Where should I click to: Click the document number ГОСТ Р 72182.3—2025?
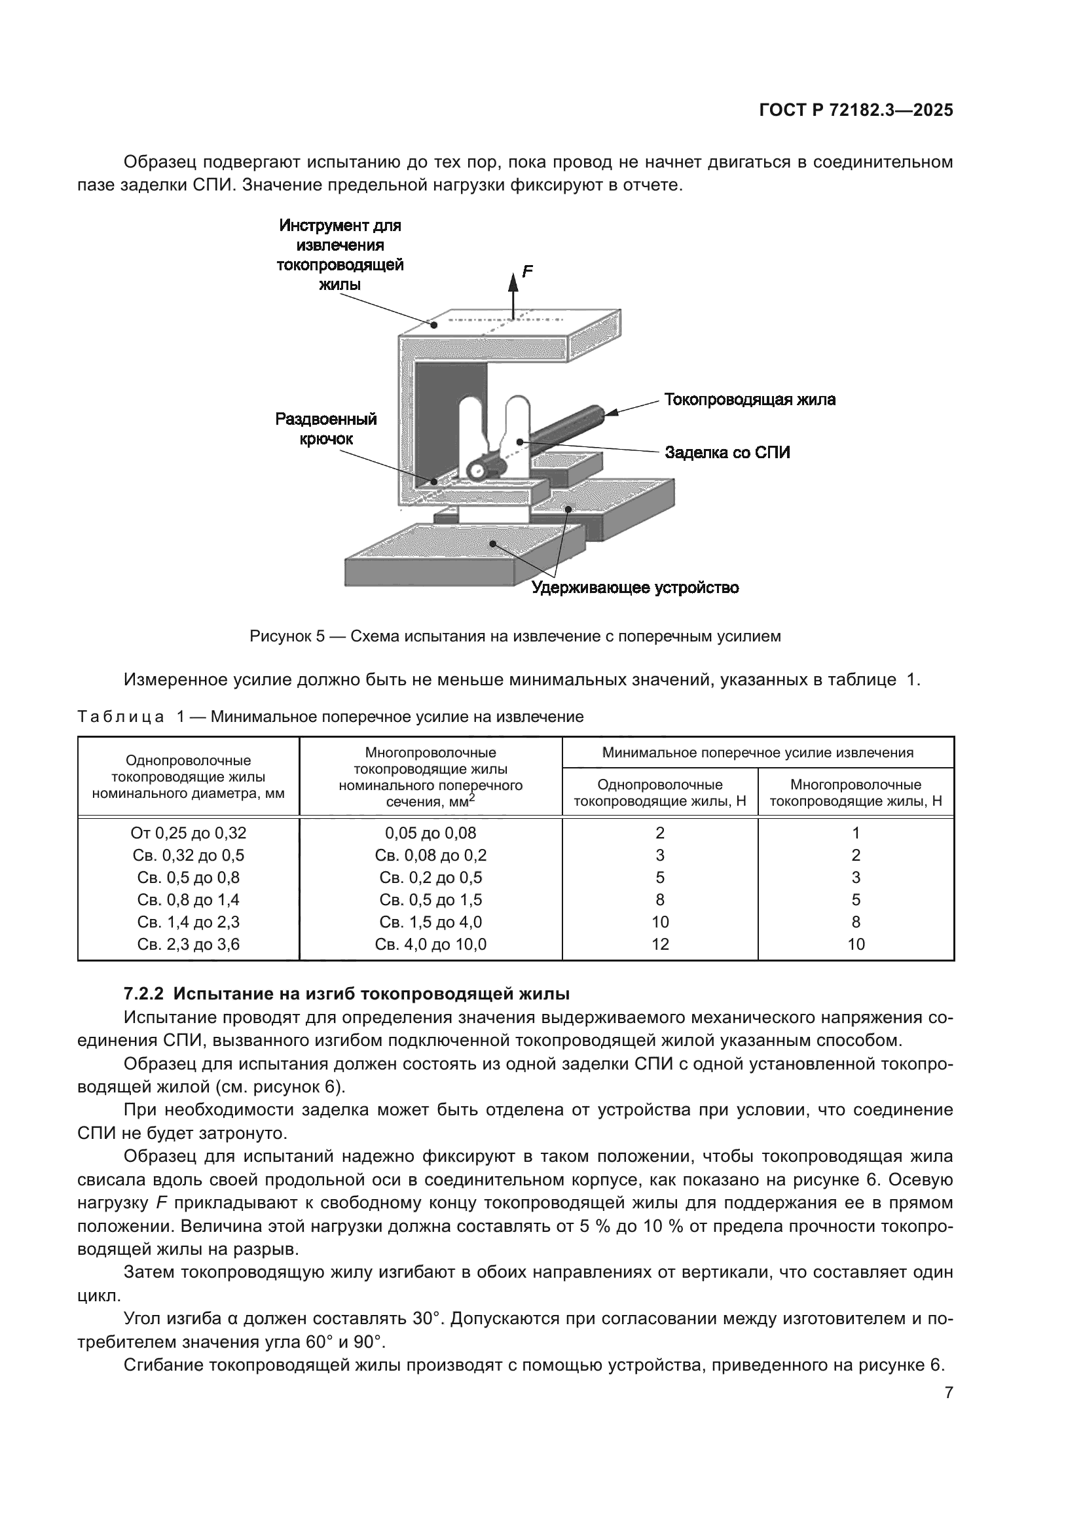coord(856,111)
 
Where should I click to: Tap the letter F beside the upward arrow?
coord(528,272)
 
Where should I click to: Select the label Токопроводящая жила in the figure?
coord(750,400)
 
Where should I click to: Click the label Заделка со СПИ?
coord(727,453)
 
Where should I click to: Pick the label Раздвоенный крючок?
coord(326,429)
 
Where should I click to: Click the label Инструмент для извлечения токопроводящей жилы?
coord(340,255)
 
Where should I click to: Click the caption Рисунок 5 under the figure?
coord(287,636)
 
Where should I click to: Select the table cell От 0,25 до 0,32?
coord(188,833)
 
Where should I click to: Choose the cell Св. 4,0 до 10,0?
coord(430,945)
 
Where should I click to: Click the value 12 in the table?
coord(659,945)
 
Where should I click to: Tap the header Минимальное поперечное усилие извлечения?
coord(758,753)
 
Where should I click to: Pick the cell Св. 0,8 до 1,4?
coord(188,899)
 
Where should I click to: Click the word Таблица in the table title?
coord(120,717)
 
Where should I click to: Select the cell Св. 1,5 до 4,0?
coord(430,922)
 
